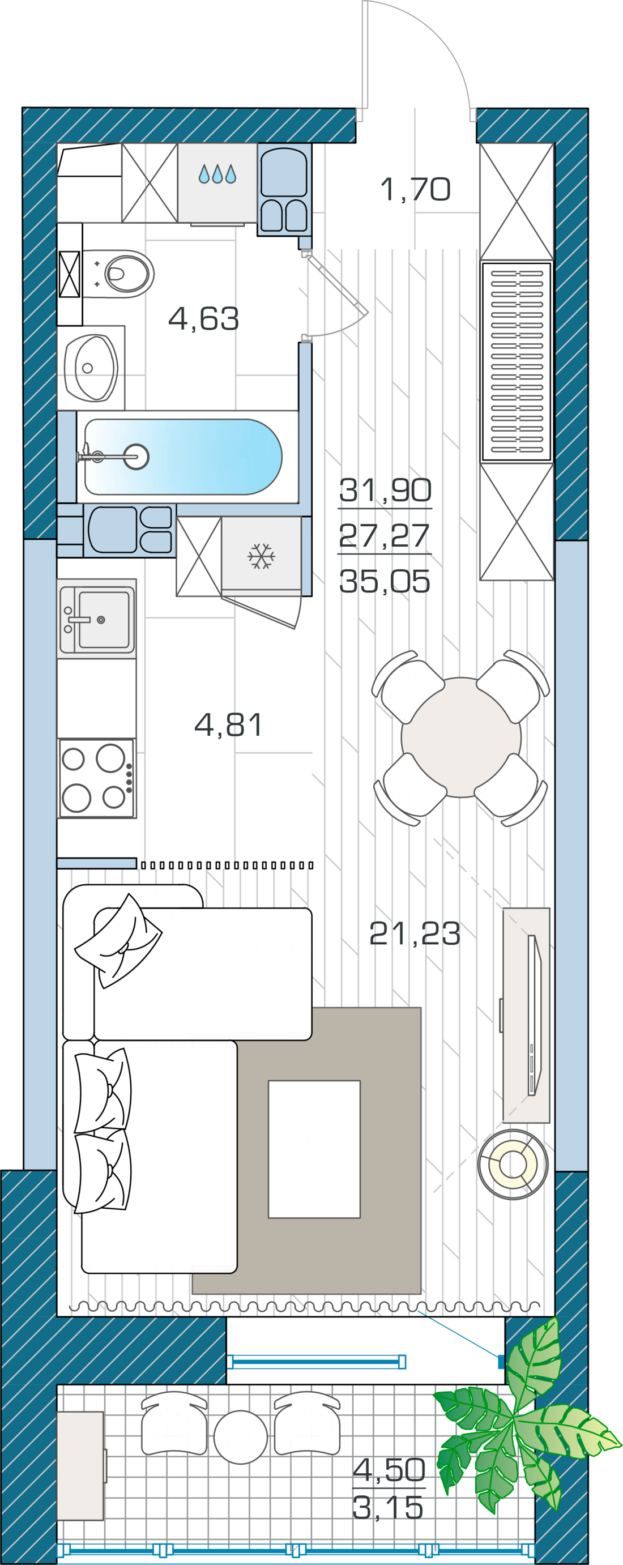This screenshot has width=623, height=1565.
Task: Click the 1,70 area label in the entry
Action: pyautogui.click(x=415, y=189)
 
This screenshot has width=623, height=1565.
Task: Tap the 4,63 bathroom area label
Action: pyautogui.click(x=203, y=318)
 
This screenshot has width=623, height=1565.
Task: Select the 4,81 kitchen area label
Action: pyautogui.click(x=228, y=724)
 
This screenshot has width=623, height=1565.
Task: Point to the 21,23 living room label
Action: pyautogui.click(x=415, y=933)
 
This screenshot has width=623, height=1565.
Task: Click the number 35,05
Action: pyautogui.click(x=385, y=581)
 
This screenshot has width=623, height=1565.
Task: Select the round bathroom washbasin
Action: pyautogui.click(x=95, y=368)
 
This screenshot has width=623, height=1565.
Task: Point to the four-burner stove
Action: pyautogui.click(x=96, y=778)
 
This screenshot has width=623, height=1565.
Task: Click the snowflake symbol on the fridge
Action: pyautogui.click(x=261, y=556)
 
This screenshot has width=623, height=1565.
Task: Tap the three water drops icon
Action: pyautogui.click(x=217, y=174)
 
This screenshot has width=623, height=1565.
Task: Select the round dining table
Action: pyautogui.click(x=461, y=737)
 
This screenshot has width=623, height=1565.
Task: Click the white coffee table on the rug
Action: pyautogui.click(x=314, y=1149)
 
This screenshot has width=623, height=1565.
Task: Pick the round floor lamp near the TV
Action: pyautogui.click(x=513, y=1164)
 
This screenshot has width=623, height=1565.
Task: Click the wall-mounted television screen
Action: pyautogui.click(x=534, y=1015)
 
